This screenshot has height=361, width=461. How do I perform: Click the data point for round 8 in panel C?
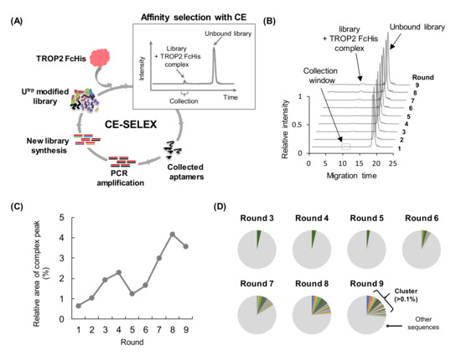click(x=196, y=234)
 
